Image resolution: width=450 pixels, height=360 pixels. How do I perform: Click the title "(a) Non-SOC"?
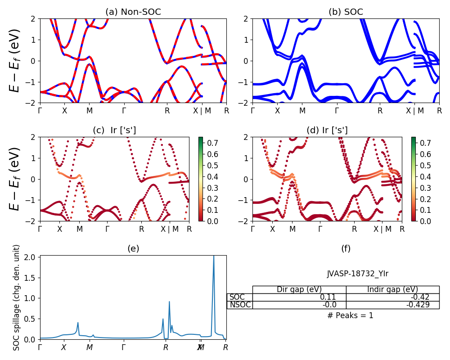pos(133,12)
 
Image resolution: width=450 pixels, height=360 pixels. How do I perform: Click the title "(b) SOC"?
pos(346,12)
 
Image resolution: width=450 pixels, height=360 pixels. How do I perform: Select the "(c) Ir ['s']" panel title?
pos(114,130)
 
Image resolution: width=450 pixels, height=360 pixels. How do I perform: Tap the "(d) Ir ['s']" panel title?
pos(327,130)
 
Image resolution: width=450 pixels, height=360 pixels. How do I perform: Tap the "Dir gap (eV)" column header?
pos(299,289)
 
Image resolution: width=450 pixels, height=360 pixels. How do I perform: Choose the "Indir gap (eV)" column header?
pos(392,289)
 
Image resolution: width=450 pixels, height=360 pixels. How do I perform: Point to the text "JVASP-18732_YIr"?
pos(358,273)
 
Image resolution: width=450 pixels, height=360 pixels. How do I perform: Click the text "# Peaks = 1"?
pos(351,315)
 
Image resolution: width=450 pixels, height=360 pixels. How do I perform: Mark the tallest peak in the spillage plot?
pos(214,256)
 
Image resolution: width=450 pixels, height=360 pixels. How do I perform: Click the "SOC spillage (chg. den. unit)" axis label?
pos(17,297)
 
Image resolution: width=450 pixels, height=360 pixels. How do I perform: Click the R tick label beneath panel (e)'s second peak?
pos(166,347)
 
